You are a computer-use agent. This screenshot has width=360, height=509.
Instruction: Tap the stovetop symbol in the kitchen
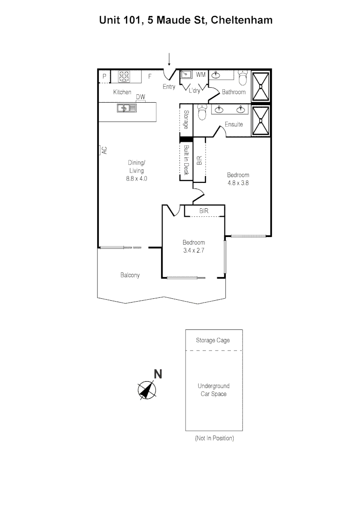tap(124, 76)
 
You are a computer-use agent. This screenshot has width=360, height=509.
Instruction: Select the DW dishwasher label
tap(140, 97)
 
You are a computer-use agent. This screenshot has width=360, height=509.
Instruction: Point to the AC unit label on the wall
tap(104, 150)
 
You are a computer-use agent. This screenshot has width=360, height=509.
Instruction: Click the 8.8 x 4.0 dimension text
tap(137, 179)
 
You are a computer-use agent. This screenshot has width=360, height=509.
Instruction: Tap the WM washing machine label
tap(201, 74)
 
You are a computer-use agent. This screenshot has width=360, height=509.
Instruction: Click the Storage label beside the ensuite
tap(187, 120)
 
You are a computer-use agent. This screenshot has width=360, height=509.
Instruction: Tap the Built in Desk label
tap(186, 160)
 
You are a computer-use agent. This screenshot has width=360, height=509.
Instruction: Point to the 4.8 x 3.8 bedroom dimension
tap(238, 183)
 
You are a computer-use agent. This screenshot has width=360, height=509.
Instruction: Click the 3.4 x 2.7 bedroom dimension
tap(194, 250)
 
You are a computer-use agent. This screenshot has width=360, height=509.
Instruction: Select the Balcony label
tap(130, 275)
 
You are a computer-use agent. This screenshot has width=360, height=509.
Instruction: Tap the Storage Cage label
tap(213, 340)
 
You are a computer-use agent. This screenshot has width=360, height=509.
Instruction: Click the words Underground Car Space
tap(213, 390)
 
